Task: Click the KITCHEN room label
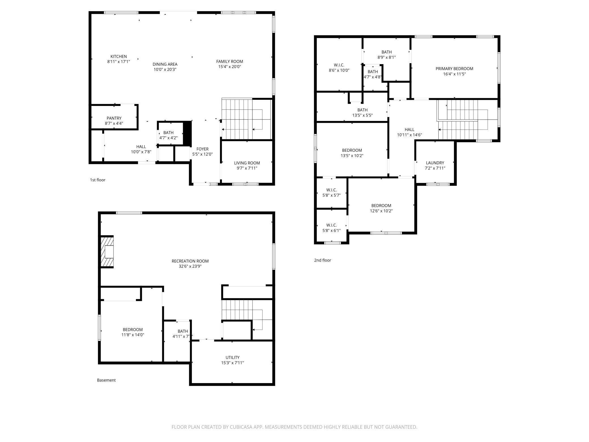119,56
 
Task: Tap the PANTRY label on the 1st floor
114,118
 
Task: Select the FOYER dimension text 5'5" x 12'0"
202,154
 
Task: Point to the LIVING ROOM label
247,163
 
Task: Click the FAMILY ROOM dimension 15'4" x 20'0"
230,67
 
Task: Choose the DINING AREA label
165,64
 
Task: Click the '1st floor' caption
98,180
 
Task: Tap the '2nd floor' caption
323,260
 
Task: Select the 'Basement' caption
106,380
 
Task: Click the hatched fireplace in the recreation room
107,252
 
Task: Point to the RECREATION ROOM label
190,261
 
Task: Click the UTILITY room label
232,358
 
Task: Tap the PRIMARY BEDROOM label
454,69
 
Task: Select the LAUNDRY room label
435,163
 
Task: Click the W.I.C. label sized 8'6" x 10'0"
339,65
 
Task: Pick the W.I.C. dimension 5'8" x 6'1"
332,231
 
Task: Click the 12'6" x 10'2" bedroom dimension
381,211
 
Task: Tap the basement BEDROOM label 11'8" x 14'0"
133,330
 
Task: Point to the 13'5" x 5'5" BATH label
362,110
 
